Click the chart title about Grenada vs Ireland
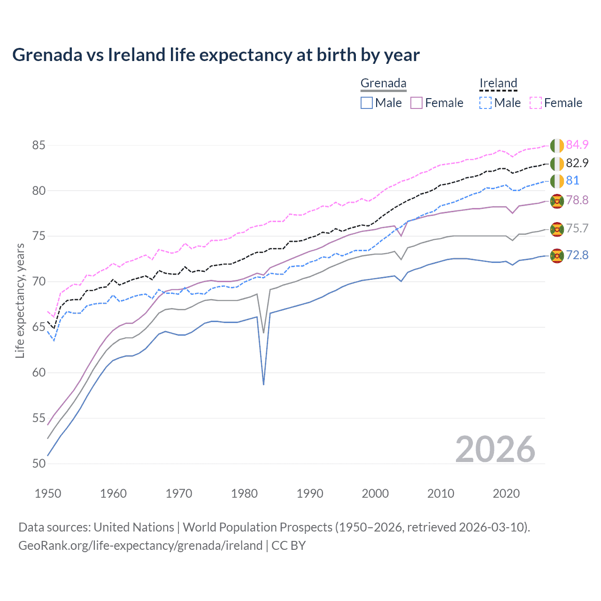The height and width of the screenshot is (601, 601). coord(216,55)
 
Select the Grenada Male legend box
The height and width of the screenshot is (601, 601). coord(367,103)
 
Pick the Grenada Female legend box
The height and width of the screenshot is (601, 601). coord(416,103)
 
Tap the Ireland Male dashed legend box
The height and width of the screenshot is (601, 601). coord(485,103)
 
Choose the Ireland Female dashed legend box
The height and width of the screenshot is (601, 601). coord(536,103)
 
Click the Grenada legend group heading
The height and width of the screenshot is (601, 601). coord(383,83)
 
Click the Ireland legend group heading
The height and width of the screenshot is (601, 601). coord(498,83)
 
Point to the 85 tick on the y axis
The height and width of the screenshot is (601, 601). coord(39,145)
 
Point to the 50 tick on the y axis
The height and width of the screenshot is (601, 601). coord(39,463)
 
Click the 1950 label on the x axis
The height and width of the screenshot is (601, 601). coord(48,493)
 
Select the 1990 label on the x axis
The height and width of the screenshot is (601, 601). coord(310,493)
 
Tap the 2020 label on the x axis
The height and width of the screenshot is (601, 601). coord(506,493)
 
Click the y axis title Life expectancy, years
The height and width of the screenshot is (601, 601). coord(20,300)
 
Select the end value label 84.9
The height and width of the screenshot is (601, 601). coord(577,145)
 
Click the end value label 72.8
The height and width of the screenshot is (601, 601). coord(577,255)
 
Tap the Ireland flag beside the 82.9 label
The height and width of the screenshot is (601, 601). coord(557,163)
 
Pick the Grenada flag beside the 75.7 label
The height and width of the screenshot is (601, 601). coord(557,229)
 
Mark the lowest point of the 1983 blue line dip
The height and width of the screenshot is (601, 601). coord(264,385)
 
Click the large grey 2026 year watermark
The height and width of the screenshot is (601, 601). coord(495,449)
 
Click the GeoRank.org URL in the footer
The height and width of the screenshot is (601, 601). coord(140,546)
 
